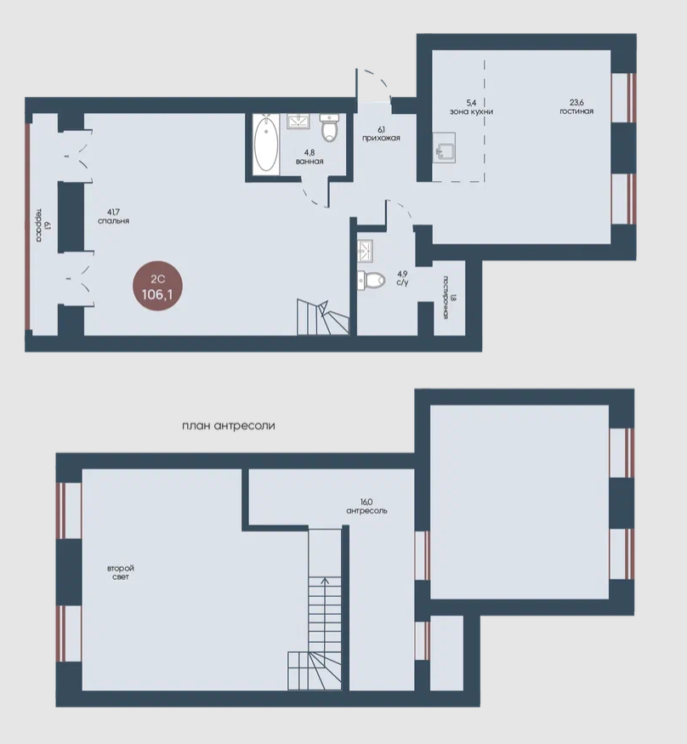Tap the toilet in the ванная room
pyautogui.click(x=329, y=128)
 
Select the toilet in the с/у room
pyautogui.click(x=371, y=280)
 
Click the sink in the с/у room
pyautogui.click(x=366, y=251)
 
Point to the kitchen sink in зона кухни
pyautogui.click(x=444, y=148)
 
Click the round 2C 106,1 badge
pyautogui.click(x=157, y=287)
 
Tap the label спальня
pyautogui.click(x=113, y=220)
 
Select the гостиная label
pyautogui.click(x=576, y=111)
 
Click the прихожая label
pyautogui.click(x=381, y=138)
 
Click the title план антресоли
pyautogui.click(x=228, y=426)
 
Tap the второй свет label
pyautogui.click(x=121, y=572)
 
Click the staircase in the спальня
pyautogui.click(x=322, y=317)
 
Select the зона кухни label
pyautogui.click(x=471, y=111)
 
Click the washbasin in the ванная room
pyautogui.click(x=298, y=121)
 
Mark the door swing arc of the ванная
pyautogui.click(x=312, y=198)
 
